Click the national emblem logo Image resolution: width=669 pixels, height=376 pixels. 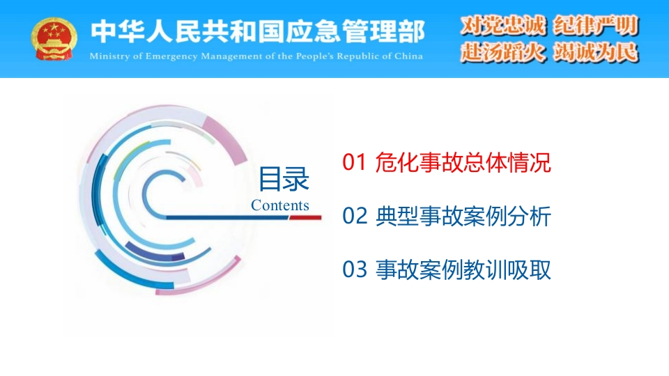pos(54,39)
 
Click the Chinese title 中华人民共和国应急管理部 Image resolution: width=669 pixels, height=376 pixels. pos(258,31)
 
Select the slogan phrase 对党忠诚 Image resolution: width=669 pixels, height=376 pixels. pos(503,25)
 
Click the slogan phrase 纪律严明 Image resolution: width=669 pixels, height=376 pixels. pos(596,25)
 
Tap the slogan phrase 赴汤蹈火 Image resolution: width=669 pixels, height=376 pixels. pos(503,53)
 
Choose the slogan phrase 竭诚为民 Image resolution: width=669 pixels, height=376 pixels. pos(596,53)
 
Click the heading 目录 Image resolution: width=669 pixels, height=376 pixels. pos(284,179)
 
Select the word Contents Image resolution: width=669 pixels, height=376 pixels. pos(280,205)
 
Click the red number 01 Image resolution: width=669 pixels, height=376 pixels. pos(354,162)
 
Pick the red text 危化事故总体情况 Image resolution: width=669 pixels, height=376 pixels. pos(463,162)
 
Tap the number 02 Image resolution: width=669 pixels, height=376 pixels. pos(355,216)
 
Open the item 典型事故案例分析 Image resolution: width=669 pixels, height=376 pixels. pos(463,216)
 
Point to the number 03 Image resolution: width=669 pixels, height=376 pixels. pos(355,269)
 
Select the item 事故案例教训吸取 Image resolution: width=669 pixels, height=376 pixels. pos(463,270)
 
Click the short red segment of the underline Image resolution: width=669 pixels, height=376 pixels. pos(305,217)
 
